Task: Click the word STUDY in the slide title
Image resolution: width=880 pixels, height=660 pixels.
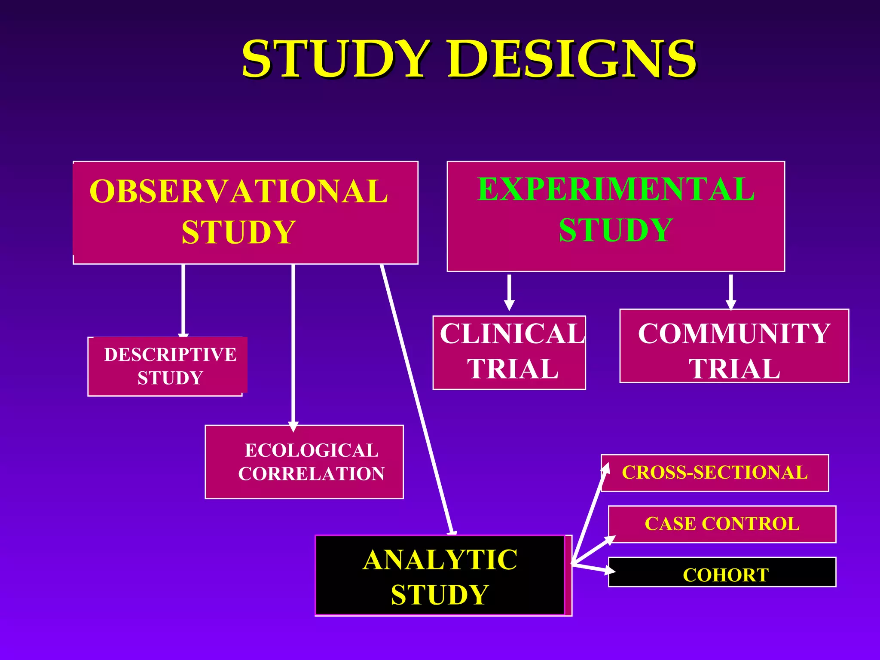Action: (x=335, y=59)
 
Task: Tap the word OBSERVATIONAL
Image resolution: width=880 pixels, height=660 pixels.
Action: (x=238, y=192)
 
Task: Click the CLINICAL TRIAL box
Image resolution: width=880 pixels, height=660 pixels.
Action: (x=509, y=352)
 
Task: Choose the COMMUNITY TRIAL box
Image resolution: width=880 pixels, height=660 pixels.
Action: (x=734, y=346)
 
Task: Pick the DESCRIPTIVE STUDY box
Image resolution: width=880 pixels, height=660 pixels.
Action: (x=168, y=367)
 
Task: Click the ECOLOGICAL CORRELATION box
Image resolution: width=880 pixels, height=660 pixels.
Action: (x=304, y=462)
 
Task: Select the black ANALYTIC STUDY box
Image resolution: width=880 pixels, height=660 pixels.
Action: (x=440, y=576)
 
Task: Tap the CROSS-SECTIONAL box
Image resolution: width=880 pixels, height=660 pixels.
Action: (x=715, y=473)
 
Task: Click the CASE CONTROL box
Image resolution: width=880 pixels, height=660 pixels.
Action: (x=722, y=524)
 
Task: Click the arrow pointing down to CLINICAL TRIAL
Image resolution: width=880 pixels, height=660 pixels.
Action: (x=509, y=292)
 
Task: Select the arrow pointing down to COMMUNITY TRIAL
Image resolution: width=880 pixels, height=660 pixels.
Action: (x=731, y=292)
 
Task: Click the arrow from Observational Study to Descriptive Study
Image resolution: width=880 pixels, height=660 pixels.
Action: (x=183, y=301)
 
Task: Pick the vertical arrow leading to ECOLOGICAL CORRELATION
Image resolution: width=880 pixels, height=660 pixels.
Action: (x=293, y=344)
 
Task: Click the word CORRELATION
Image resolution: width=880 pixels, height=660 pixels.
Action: (x=312, y=474)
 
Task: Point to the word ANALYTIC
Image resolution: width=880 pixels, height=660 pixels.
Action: (x=440, y=560)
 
